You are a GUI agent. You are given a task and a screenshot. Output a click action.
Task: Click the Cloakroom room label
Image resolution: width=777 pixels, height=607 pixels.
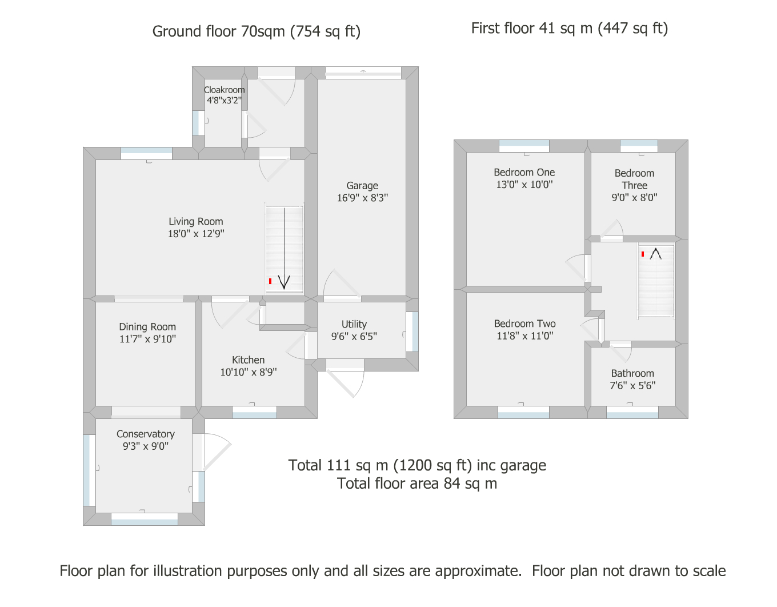coord(224,90)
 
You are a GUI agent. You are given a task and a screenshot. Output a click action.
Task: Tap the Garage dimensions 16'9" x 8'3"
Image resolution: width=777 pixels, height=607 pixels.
coord(362,198)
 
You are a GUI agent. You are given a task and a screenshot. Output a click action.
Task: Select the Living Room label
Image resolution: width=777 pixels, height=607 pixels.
coord(196,222)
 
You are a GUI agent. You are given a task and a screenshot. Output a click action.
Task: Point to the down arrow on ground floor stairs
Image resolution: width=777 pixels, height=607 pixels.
coord(285,248)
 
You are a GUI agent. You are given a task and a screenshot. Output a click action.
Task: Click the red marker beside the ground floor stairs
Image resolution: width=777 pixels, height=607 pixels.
coord(270,281)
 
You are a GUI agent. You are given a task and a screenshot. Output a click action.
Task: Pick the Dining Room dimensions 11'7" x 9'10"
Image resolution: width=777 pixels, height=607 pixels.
coord(147,339)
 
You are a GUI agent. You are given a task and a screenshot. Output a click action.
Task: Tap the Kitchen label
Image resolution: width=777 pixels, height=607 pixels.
coord(248,360)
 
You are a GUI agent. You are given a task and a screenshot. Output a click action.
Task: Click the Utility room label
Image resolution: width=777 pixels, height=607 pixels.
coord(354,324)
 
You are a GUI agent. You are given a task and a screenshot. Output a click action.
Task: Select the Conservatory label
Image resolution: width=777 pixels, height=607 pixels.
coord(146,434)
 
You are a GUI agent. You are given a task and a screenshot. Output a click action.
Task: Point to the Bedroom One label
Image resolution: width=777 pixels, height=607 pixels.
coord(524,173)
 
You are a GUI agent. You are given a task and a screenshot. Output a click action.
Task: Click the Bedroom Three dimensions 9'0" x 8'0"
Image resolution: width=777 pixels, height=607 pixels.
coord(634,197)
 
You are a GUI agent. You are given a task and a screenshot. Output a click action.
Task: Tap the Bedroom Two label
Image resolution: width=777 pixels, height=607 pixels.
coord(524,324)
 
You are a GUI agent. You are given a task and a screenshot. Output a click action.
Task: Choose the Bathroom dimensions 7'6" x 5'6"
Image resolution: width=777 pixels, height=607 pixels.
coord(632,386)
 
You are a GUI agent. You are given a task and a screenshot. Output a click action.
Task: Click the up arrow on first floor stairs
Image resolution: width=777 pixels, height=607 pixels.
coord(655,254)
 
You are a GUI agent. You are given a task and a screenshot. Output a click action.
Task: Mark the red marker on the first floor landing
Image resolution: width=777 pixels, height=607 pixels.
coord(643,254)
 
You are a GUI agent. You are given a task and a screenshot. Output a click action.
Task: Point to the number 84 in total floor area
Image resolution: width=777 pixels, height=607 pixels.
coord(452,484)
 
